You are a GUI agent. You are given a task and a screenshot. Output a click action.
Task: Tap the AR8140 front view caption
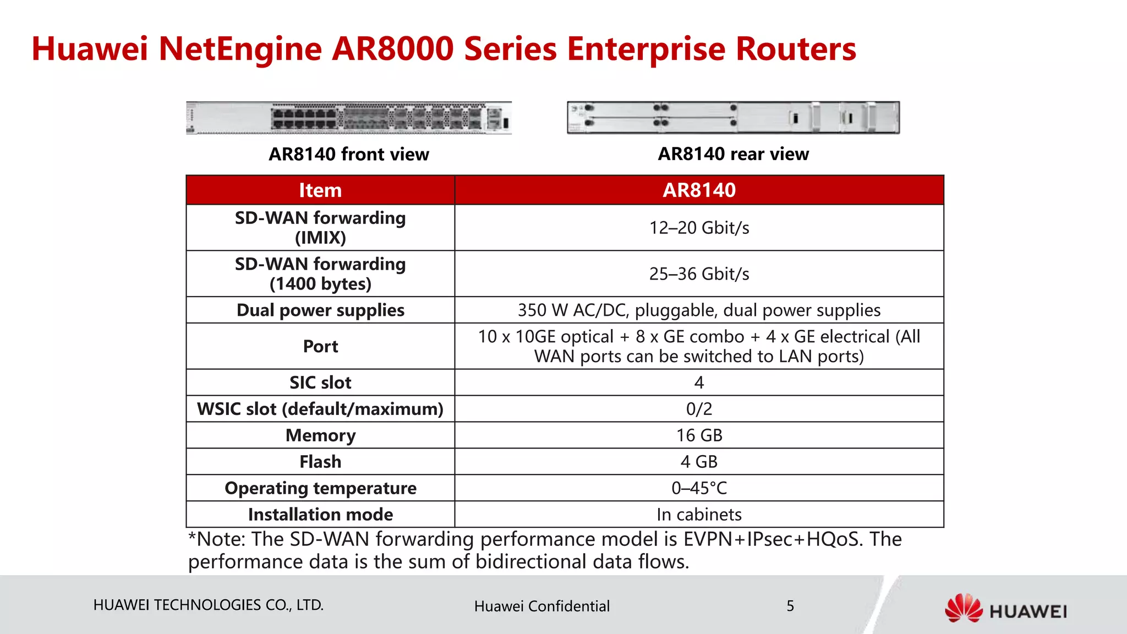[x=348, y=154]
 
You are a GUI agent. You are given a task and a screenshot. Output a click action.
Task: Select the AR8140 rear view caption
[x=733, y=154]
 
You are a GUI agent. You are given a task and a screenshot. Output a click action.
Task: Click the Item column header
[x=320, y=190]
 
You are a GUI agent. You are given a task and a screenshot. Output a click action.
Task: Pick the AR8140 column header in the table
[x=699, y=190]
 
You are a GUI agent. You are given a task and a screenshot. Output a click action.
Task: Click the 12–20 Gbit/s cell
[x=699, y=228]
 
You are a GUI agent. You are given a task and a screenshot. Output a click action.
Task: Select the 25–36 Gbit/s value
[x=699, y=274]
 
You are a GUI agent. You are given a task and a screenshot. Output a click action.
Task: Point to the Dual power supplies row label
[x=320, y=310]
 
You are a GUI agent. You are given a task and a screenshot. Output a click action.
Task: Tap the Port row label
[x=320, y=346]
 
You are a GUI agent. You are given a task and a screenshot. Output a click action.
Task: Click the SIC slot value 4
[x=699, y=382]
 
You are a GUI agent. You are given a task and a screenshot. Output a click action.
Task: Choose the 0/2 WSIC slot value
[x=699, y=409]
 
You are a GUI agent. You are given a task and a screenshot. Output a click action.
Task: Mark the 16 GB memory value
[x=699, y=435]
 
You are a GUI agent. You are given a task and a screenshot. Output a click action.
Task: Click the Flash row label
[x=320, y=462]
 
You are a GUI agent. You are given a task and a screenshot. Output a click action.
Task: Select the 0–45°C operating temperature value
[x=699, y=488]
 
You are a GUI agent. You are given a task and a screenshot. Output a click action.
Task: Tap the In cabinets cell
[x=699, y=515]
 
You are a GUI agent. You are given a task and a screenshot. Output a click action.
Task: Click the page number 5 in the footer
[x=790, y=606]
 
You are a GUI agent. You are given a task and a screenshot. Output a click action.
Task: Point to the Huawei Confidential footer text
[x=541, y=606]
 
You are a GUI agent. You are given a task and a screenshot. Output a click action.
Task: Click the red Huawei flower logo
[x=964, y=608]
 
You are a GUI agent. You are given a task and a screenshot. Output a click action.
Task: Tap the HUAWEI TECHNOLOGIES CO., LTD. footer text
[x=208, y=605]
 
